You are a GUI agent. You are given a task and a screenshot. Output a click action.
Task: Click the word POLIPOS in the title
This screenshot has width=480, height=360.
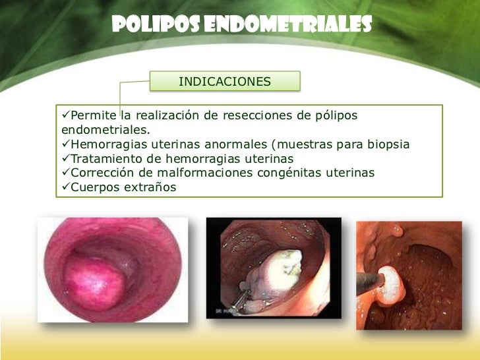[148, 24]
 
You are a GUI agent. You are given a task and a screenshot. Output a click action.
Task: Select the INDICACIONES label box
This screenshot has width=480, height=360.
[225, 81]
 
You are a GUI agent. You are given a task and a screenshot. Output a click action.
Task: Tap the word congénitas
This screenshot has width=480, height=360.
[290, 173]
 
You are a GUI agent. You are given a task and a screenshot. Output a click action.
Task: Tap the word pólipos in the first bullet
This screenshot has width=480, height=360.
[336, 116]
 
